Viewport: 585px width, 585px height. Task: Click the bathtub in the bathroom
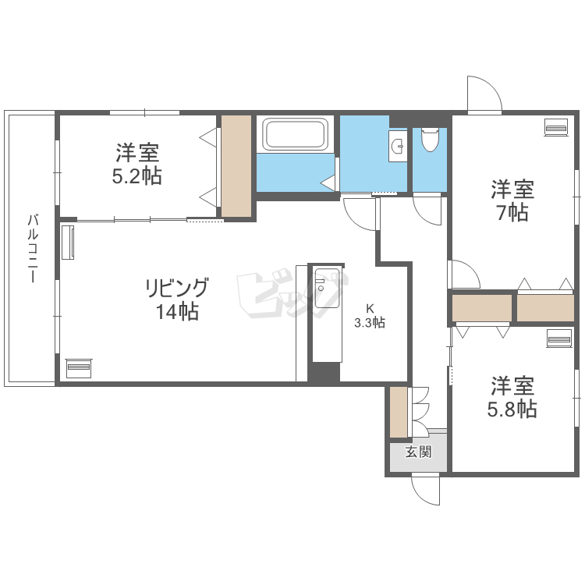(x=295, y=133)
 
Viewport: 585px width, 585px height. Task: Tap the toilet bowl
(x=430, y=139)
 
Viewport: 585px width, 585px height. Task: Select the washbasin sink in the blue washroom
(x=398, y=146)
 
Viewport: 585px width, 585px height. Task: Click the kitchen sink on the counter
(x=327, y=288)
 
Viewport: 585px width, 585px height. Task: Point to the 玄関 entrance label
(x=419, y=452)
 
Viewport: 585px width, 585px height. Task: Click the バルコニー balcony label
(x=33, y=249)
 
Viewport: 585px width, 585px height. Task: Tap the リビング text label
(x=176, y=288)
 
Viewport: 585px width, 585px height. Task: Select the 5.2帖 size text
(x=137, y=176)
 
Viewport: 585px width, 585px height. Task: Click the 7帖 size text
(x=512, y=213)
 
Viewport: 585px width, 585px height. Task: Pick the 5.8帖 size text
(x=512, y=409)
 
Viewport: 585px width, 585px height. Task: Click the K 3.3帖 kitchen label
(x=370, y=316)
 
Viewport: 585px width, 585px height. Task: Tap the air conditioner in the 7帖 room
(x=556, y=128)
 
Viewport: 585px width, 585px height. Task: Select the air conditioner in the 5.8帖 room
(x=559, y=339)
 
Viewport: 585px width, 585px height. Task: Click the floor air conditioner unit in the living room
(x=78, y=368)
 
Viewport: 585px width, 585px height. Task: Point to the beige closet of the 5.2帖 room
(x=236, y=166)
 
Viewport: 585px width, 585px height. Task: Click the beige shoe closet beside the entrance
(x=399, y=413)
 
